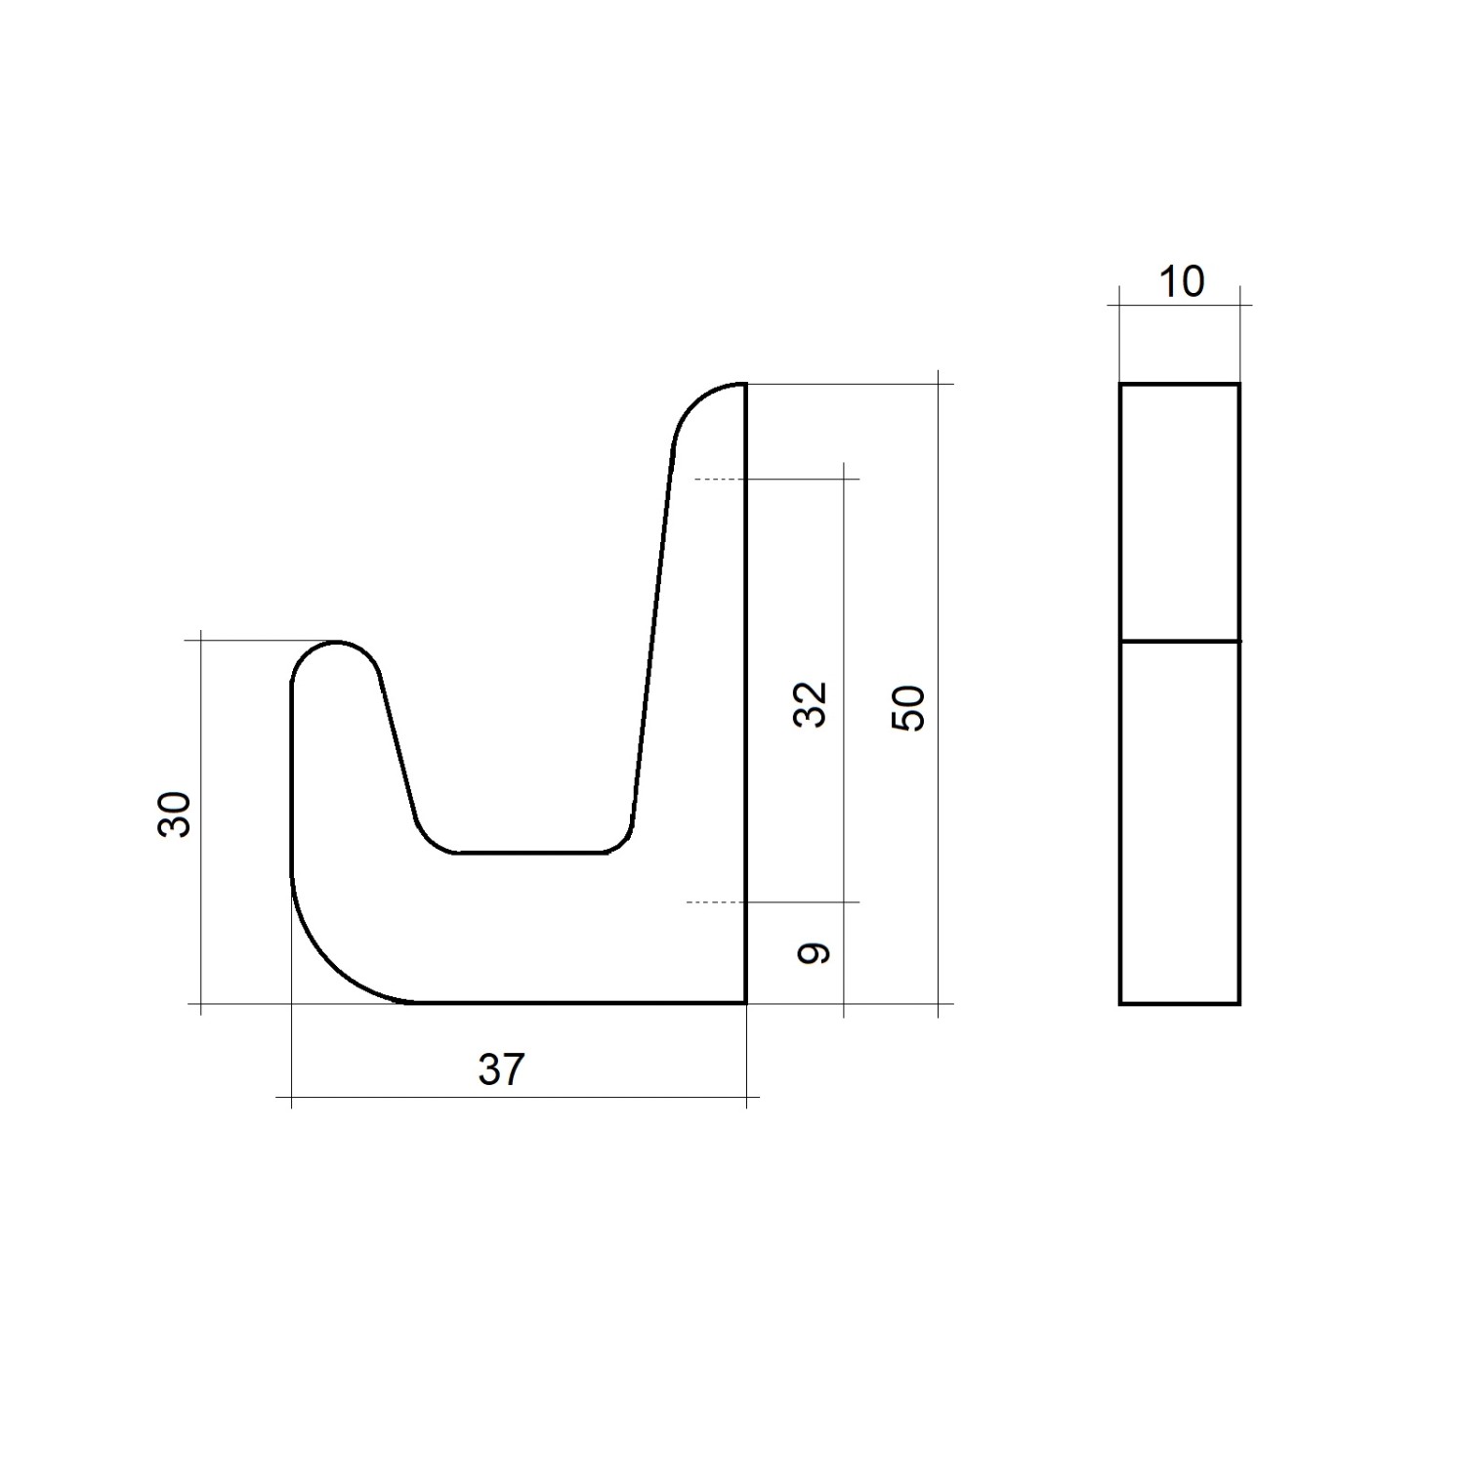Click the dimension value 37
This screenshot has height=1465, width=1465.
click(501, 1070)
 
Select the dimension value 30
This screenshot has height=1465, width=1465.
click(176, 814)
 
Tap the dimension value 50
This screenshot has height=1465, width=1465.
click(908, 707)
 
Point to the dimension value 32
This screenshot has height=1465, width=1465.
click(811, 703)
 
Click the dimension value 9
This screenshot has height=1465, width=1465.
click(813, 953)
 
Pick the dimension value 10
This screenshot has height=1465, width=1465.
click(1181, 282)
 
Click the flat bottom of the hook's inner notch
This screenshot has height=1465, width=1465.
click(529, 853)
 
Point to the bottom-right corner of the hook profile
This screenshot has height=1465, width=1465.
click(745, 1002)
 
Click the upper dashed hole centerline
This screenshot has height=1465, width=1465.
click(719, 480)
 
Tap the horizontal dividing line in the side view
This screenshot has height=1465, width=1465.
click(1180, 642)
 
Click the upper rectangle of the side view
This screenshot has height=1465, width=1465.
click(1180, 513)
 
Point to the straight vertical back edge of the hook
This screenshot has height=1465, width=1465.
click(745, 684)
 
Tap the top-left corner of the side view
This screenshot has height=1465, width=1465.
click(1120, 385)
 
